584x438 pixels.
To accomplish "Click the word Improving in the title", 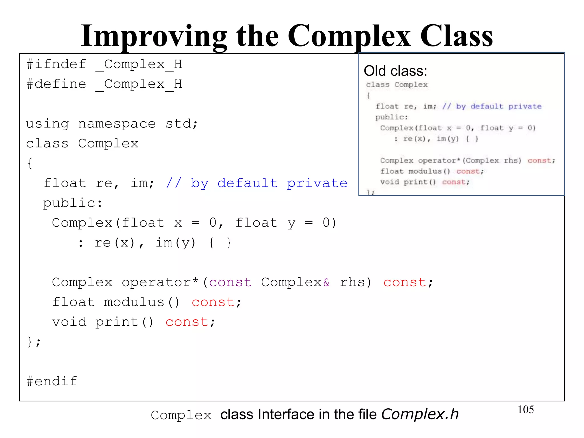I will pos(154,36).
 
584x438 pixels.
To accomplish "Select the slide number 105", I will pos(526,409).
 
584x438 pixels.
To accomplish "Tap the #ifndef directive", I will pos(56,64).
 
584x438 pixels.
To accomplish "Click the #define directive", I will pos(56,84).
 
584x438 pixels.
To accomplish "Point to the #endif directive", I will pos(52,381).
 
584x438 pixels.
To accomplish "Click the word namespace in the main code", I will pos(117,124).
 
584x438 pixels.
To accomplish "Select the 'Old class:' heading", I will pos(395,71).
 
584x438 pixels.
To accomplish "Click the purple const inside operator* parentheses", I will pos(230,282).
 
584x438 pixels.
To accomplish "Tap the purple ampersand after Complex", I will pos(326,282).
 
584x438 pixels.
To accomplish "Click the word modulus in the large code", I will pos(134,302).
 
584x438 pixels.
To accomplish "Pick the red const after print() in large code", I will pos(187,322).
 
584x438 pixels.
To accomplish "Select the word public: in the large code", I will pos(73,203).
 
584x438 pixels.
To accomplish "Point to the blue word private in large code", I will pos(317,183).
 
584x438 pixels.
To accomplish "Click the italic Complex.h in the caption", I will pos(420,414).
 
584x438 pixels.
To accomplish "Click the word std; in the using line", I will pos(182,124).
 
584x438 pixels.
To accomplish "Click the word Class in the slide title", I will pos(456,36).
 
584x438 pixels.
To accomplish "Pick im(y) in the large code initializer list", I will pos(176,243).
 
